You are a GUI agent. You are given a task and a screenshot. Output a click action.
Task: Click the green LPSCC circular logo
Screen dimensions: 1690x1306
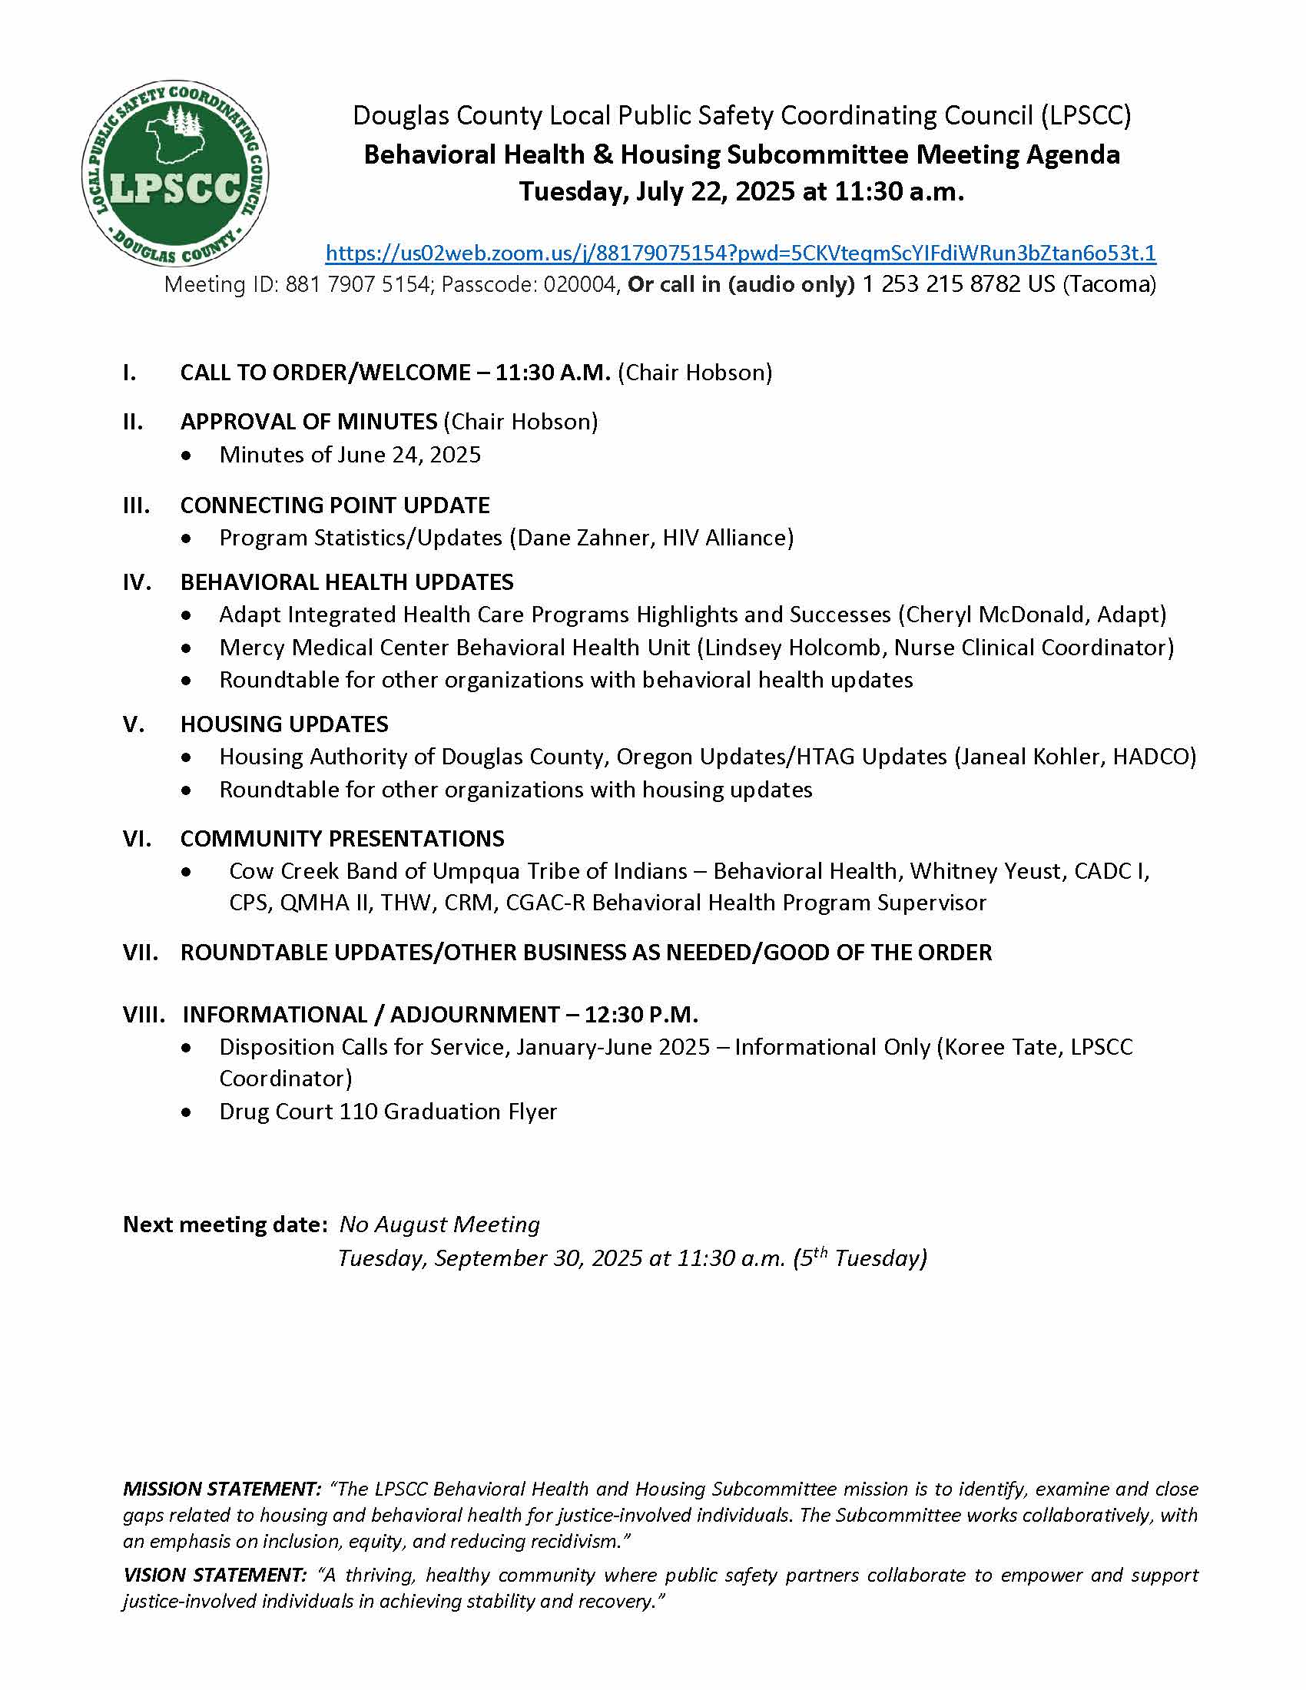point(175,173)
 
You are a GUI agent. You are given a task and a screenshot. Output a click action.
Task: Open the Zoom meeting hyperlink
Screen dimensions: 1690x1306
point(741,253)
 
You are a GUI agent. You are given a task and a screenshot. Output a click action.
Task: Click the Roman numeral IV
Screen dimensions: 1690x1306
point(137,582)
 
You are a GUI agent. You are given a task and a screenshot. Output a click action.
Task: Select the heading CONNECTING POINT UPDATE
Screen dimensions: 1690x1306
point(335,505)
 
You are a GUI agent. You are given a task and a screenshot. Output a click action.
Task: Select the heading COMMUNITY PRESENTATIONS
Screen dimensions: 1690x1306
point(342,839)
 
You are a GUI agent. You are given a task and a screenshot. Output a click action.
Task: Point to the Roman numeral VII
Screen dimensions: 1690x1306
point(140,953)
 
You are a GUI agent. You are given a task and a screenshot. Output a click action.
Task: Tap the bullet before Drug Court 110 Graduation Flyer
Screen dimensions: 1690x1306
point(187,1113)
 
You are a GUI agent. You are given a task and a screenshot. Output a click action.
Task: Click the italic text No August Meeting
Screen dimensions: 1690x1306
point(439,1225)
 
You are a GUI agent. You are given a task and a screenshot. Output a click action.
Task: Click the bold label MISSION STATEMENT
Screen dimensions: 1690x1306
point(221,1490)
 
